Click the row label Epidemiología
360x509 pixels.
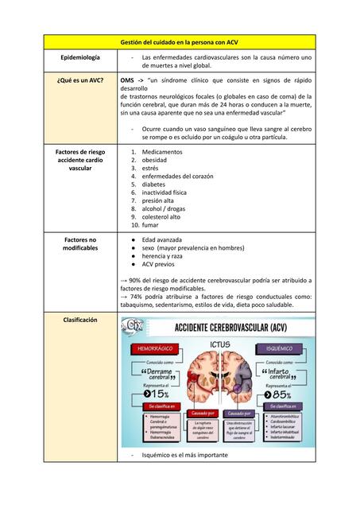79,58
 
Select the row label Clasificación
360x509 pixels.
79,320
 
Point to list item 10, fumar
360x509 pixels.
150,224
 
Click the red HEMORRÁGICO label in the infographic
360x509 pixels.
151,348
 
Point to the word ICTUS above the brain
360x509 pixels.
220,344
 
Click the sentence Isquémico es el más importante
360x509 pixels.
184,455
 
